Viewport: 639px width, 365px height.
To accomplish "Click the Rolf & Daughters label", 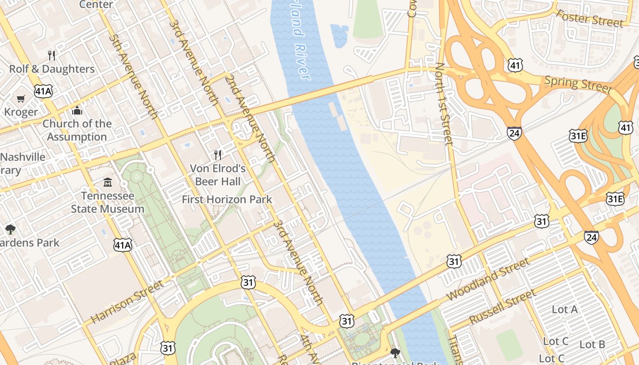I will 52,69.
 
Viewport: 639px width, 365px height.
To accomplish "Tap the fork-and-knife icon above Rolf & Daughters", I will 52,56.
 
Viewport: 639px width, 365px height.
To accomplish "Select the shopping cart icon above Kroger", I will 21,99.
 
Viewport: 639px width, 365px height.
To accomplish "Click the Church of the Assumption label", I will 77,130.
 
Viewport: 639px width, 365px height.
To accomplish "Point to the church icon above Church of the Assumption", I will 77,111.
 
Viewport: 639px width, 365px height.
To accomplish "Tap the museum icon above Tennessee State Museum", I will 107,182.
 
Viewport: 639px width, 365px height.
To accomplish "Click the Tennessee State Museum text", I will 107,203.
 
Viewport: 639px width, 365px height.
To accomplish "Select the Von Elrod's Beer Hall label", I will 218,175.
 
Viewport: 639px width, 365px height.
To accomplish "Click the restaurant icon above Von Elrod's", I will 218,155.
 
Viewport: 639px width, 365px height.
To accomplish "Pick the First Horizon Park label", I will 227,199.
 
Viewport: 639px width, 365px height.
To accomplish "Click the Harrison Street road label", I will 126,302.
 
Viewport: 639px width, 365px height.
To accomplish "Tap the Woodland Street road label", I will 488,279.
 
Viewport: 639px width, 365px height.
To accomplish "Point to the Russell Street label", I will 502,307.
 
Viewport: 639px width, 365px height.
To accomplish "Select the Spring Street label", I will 578,84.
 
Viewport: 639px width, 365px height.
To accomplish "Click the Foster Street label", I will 589,18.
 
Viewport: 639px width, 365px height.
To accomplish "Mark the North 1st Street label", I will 444,104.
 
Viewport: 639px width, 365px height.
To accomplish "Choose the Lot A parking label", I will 565,309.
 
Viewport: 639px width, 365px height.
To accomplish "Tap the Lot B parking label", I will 592,344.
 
